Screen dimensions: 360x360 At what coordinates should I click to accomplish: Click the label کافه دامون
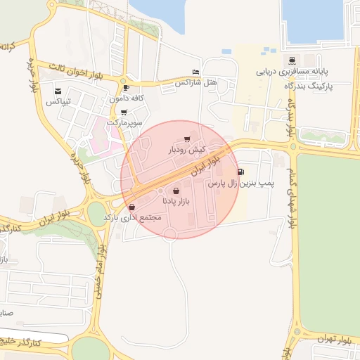(126, 99)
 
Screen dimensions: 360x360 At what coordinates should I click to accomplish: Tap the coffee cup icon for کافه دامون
(126, 88)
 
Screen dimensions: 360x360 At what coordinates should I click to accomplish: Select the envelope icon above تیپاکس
(58, 91)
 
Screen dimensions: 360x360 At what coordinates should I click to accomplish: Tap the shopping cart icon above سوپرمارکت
(124, 112)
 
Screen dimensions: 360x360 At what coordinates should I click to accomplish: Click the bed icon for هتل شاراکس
(195, 72)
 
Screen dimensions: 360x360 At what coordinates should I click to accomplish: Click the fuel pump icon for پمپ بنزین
(241, 172)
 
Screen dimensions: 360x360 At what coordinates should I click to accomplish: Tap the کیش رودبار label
(186, 150)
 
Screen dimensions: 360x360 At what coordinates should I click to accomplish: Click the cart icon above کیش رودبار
(186, 139)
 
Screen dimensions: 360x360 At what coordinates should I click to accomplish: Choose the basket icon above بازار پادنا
(176, 190)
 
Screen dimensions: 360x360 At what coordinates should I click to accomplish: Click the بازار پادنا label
(176, 201)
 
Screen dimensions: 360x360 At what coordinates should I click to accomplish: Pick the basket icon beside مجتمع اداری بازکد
(132, 207)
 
